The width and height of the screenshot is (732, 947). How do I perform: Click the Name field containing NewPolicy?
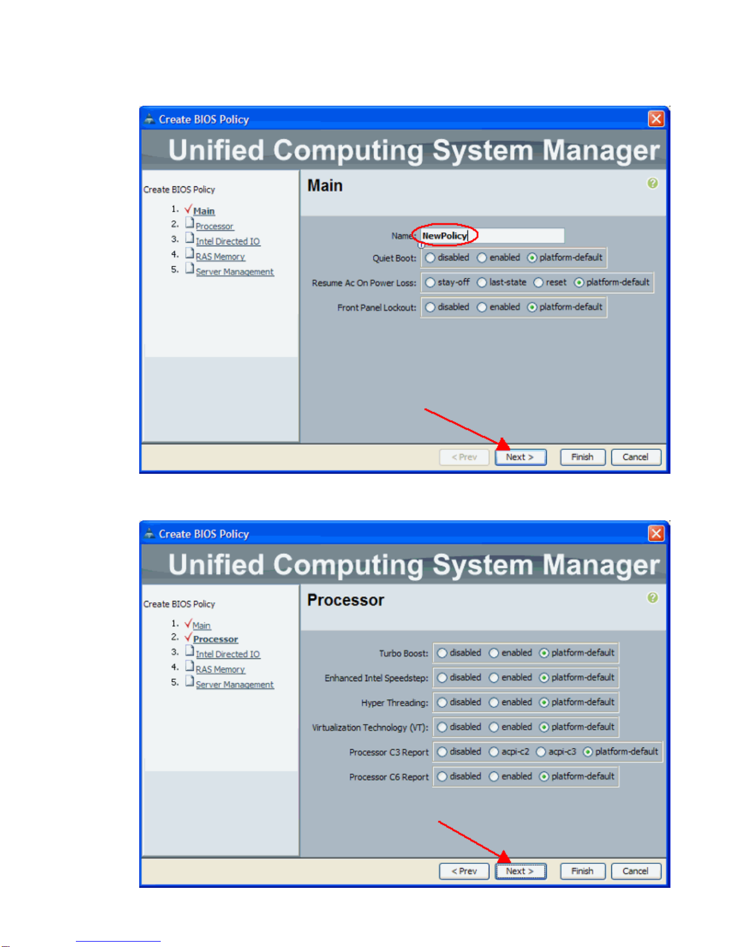coord(491,235)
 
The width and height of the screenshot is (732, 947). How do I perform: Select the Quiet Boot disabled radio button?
coord(430,258)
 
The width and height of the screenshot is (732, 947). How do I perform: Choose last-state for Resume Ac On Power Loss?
coord(482,283)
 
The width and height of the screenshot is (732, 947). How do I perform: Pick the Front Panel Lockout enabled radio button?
coord(482,308)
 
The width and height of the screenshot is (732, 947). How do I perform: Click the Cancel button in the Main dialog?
coord(635,457)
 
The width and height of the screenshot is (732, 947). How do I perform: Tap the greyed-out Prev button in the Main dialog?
coord(464,457)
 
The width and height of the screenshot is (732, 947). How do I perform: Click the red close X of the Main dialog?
coord(656,119)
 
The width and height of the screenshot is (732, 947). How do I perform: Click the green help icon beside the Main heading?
coord(653,183)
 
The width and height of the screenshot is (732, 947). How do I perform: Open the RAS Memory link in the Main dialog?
coord(220,257)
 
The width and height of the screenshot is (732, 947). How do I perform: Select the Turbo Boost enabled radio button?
coord(494,653)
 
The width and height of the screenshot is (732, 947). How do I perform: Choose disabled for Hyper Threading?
coord(442,703)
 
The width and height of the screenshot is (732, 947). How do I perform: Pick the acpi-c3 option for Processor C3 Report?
coord(541,752)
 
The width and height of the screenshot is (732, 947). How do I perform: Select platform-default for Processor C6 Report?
coord(544,777)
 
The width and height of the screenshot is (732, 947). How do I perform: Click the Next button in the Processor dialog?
coord(520,871)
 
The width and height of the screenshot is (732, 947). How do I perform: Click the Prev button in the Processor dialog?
coord(464,871)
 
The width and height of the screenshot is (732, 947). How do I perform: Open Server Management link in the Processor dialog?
coord(234,685)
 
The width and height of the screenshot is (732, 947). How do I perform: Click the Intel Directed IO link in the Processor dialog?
coord(228,654)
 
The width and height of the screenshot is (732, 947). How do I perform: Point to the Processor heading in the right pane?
coord(345,600)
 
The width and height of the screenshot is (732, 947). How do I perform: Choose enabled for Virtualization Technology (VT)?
coord(494,727)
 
